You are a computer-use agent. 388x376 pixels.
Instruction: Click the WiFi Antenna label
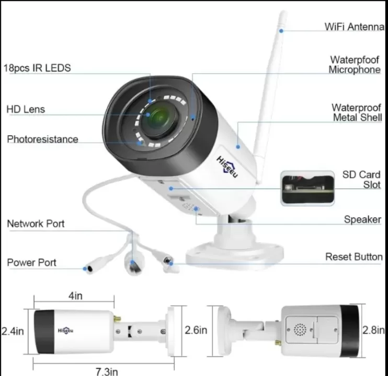click(355, 26)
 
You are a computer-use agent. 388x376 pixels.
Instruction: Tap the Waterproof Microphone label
click(355, 65)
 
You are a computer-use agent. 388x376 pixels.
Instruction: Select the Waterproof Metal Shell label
click(357, 112)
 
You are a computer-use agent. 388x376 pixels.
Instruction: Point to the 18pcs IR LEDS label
click(37, 68)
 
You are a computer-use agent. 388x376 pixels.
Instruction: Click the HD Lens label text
click(26, 109)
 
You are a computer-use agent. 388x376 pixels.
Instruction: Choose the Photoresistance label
click(42, 139)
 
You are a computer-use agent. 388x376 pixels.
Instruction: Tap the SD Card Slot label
click(361, 179)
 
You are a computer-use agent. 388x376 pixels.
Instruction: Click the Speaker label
click(362, 219)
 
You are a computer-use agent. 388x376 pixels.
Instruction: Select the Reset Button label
click(353, 256)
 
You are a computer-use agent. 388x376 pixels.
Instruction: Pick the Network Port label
click(36, 224)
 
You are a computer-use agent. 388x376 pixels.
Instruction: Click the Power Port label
click(31, 262)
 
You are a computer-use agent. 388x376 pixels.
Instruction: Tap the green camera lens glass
click(159, 119)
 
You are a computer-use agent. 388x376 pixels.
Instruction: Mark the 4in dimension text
click(75, 296)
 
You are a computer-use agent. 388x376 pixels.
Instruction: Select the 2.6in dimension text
click(196, 330)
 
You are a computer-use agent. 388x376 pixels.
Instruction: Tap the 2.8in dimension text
click(374, 330)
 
